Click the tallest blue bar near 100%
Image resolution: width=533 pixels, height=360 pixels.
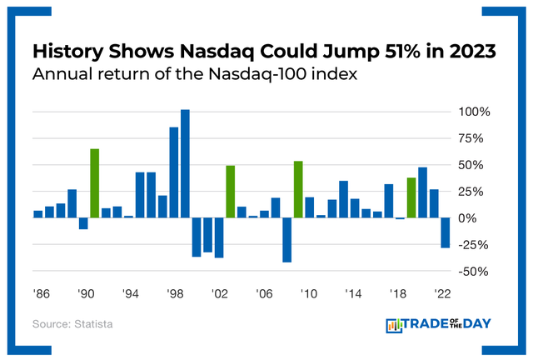(185, 164)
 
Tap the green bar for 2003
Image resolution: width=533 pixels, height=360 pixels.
(231, 192)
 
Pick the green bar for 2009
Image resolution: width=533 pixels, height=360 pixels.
(298, 189)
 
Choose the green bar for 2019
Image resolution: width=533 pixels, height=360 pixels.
(411, 197)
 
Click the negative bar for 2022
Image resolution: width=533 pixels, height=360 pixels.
(446, 232)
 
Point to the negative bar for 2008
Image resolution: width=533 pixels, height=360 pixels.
(287, 240)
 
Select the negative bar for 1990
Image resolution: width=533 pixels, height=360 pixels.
(83, 223)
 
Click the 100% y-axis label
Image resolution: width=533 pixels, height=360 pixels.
(473, 112)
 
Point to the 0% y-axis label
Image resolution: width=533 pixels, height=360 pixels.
(477, 218)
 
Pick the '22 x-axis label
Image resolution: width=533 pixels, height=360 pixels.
(443, 294)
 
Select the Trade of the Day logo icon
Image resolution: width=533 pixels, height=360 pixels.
(393, 326)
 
